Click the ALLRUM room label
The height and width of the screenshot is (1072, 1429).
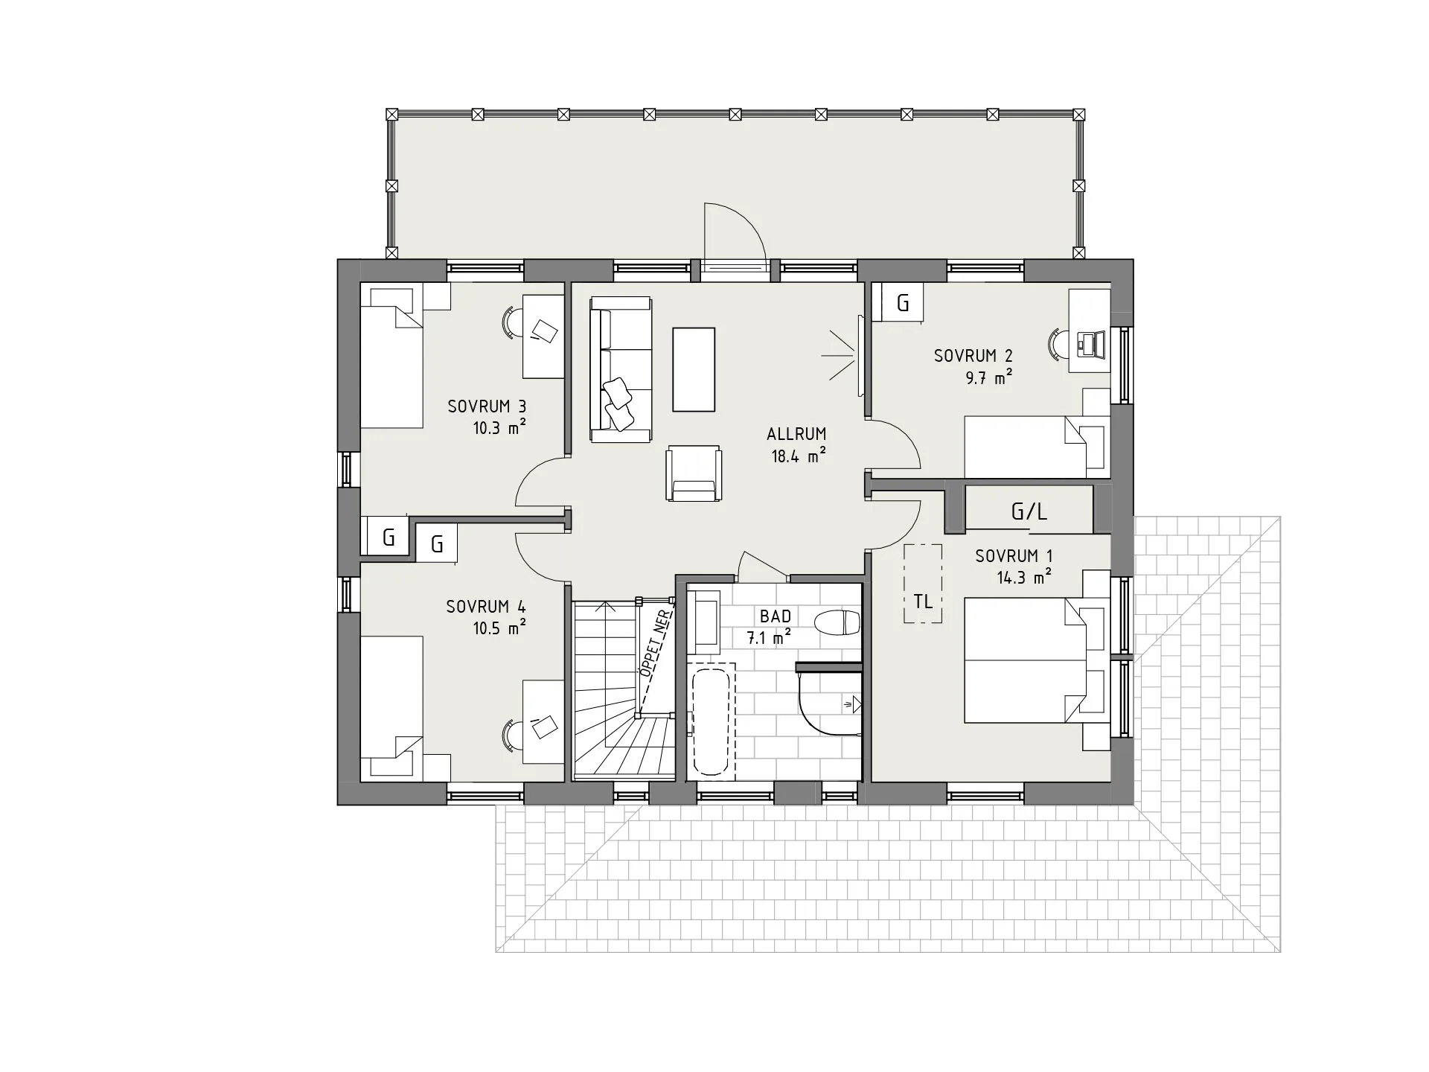[796, 433]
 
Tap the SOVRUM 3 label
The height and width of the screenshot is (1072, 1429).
[487, 406]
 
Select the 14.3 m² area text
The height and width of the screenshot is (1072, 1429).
[1024, 577]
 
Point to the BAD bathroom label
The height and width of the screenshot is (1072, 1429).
[776, 616]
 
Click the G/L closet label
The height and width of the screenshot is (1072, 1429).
[1029, 511]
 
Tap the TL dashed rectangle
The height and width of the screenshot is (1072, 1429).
[923, 584]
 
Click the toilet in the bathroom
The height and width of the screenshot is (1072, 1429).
[837, 622]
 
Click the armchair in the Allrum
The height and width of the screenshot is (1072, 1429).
[694, 473]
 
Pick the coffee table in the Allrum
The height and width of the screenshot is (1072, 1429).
[694, 369]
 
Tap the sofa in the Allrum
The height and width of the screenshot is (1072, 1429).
[621, 369]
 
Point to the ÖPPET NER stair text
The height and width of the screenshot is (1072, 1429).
[656, 643]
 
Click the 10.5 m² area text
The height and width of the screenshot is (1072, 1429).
[499, 628]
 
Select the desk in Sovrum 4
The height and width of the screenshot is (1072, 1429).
[543, 721]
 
